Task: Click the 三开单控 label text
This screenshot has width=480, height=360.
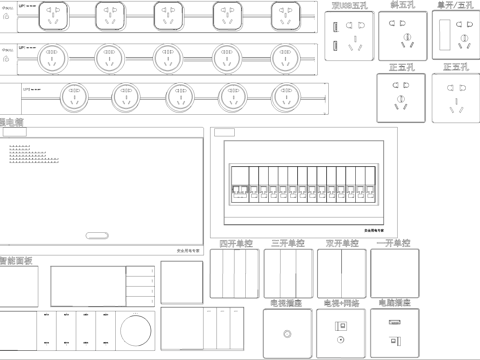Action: coord(289,243)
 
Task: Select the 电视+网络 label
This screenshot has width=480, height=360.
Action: coord(341,301)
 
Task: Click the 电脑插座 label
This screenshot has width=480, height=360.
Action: coord(394,301)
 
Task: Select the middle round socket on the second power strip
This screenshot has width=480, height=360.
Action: coord(166,55)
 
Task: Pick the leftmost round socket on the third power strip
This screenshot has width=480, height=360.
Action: coord(73,97)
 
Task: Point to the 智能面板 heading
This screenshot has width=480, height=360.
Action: coord(16,260)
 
